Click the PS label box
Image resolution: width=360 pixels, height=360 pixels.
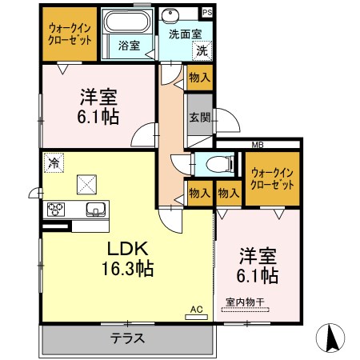click(207, 13)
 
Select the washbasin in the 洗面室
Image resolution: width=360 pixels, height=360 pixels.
click(170, 14)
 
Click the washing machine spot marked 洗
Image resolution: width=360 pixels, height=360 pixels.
click(202, 50)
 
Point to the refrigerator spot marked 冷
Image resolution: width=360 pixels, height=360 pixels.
click(54, 162)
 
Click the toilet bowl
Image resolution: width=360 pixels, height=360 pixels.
click(219, 164)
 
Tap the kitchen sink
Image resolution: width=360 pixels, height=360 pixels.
click(96, 210)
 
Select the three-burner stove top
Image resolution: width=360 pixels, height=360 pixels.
click(56, 210)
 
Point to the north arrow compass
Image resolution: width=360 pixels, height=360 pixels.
click(330, 338)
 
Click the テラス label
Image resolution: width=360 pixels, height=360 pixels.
click(128, 338)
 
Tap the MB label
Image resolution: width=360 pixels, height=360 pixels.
click(258, 145)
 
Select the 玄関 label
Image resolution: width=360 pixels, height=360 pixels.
click(200, 117)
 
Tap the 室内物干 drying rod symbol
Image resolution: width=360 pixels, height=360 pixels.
click(246, 310)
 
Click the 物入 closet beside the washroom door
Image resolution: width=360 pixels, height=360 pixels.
click(200, 78)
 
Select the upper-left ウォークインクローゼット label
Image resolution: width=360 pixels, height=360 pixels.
click(70, 34)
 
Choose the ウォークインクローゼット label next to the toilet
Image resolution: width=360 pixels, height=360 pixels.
click(272, 178)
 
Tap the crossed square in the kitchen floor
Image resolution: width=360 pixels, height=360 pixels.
click(86, 184)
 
